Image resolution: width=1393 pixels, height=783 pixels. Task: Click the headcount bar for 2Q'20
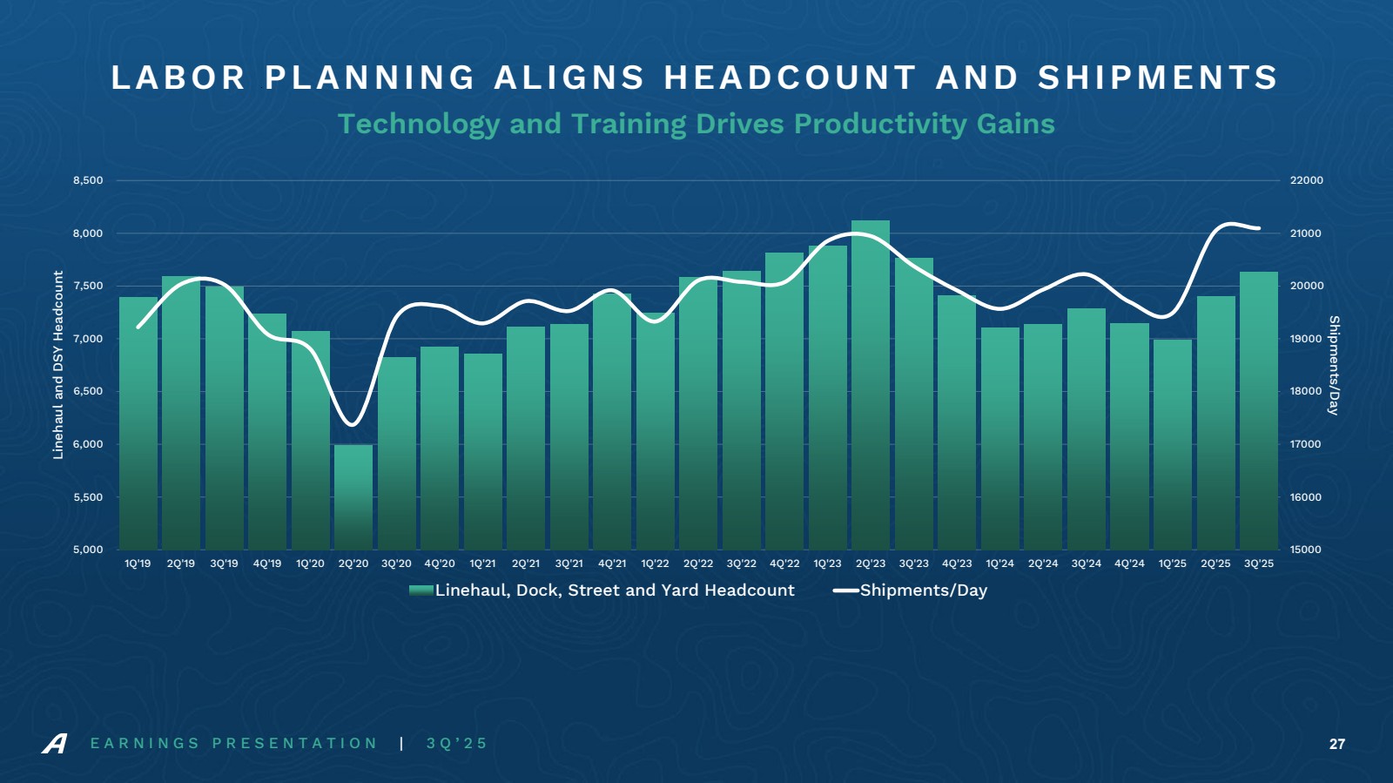click(353, 496)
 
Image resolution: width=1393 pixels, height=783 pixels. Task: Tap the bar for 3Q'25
click(1259, 410)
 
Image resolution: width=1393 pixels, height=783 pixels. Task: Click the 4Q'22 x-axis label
click(784, 564)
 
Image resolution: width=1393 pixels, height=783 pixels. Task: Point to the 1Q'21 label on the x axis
click(482, 564)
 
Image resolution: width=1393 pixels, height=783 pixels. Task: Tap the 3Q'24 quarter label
click(1087, 564)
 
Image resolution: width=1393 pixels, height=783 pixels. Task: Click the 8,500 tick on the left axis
click(88, 180)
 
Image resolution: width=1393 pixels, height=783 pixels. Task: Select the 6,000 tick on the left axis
click(88, 444)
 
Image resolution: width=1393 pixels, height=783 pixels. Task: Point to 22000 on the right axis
click(1306, 180)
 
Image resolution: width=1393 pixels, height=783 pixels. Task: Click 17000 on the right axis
click(1306, 444)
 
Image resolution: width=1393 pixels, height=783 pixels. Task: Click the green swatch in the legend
click(421, 591)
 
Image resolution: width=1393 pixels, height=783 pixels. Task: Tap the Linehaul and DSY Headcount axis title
click(58, 364)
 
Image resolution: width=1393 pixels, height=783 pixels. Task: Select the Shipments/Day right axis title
click(1333, 365)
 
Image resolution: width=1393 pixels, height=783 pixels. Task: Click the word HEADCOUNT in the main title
click(790, 78)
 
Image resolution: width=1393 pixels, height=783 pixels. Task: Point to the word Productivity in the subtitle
click(881, 124)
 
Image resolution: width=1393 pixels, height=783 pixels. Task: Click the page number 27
click(1337, 744)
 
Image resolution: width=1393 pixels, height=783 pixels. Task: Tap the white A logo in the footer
click(54, 744)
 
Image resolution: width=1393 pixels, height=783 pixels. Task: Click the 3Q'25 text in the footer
click(457, 744)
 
